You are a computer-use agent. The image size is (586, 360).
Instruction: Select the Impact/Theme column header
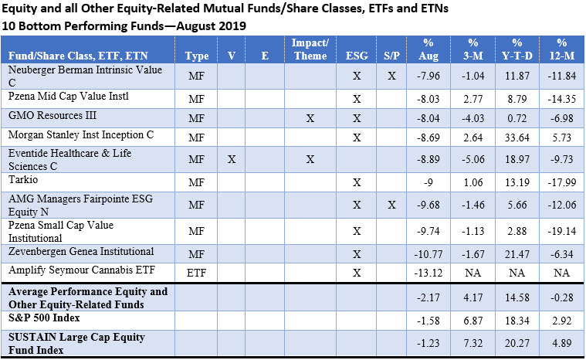[310, 49]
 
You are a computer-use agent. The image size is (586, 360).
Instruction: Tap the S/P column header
[391, 56]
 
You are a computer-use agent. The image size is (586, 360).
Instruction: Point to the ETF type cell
[197, 273]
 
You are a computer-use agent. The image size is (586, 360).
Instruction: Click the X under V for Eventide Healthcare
[232, 159]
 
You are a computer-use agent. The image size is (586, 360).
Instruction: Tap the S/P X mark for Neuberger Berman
[391, 76]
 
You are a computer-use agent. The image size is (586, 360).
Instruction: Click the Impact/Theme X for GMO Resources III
[310, 118]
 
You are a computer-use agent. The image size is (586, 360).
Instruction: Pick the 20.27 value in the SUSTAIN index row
[517, 342]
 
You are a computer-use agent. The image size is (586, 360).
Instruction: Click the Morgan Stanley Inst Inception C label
[81, 134]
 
